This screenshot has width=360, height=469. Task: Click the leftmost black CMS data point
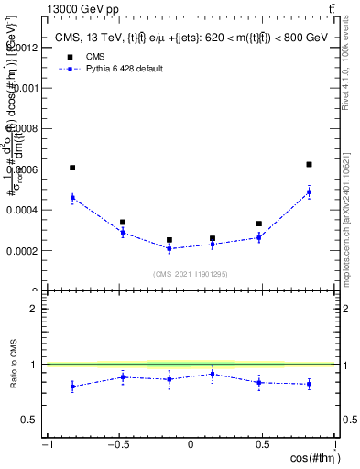(72, 168)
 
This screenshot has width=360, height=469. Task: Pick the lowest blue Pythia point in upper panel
(169, 248)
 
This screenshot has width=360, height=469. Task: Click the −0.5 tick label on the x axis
(116, 444)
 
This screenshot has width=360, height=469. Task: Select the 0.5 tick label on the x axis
(263, 444)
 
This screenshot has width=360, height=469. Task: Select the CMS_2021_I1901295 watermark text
(190, 274)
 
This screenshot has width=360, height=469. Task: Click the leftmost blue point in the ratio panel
(72, 387)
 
